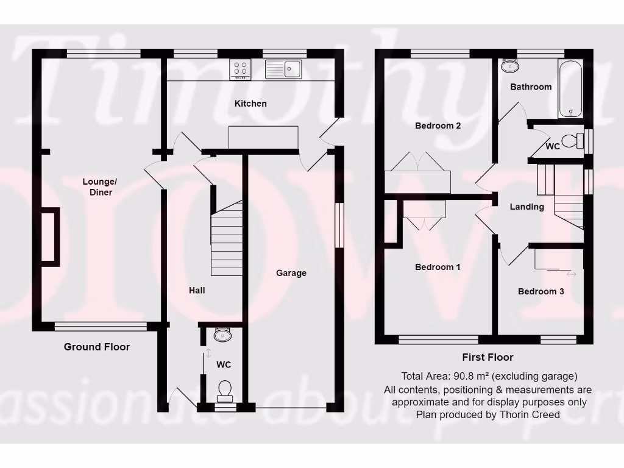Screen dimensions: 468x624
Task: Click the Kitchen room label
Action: pos(250,104)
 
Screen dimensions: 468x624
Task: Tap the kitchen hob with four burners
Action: pos(241,69)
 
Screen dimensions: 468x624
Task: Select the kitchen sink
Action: pos(283,69)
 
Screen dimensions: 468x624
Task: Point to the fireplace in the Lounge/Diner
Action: pos(50,236)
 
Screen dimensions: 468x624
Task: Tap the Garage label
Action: pos(291,273)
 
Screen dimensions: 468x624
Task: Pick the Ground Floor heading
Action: pos(97,347)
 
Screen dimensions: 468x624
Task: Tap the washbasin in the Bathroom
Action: pos(508,66)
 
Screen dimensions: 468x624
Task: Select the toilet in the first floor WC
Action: pos(571,141)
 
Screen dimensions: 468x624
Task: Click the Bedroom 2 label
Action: pos(438,126)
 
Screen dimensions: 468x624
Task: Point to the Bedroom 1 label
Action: pos(438,267)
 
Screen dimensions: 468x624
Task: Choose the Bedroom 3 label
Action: pos(541,291)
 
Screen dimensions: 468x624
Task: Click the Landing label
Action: pos(526,207)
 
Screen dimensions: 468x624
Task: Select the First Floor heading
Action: pos(487,358)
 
